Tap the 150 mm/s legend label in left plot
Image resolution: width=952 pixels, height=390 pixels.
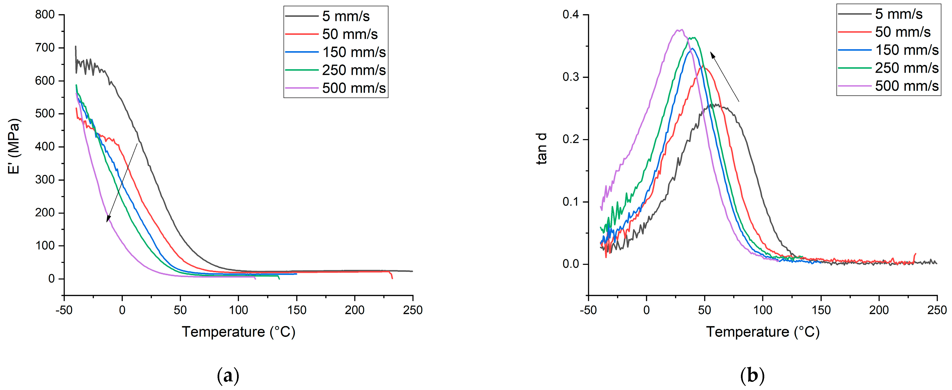pyautogui.click(x=354, y=52)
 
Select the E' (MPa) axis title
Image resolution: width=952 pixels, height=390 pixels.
pyautogui.click(x=14, y=146)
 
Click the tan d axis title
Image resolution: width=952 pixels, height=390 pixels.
pyautogui.click(x=542, y=149)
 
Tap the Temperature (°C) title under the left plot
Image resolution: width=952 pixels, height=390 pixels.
pyautogui.click(x=238, y=332)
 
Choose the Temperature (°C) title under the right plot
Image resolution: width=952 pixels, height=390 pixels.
pyautogui.click(x=762, y=332)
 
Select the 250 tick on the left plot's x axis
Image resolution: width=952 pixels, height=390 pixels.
pyautogui.click(x=413, y=310)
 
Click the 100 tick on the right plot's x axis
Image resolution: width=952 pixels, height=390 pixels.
pyautogui.click(x=762, y=310)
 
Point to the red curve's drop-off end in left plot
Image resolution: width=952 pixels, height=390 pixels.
pyautogui.click(x=392, y=278)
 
